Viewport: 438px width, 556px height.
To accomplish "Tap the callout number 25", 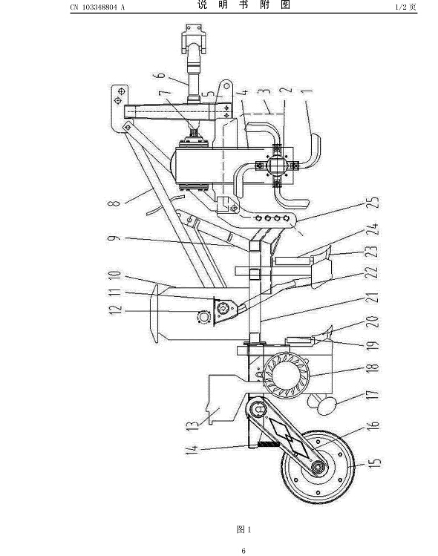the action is (x=373, y=202).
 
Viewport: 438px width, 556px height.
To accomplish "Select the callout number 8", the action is (x=114, y=203).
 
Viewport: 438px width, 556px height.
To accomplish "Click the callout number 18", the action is (x=373, y=367).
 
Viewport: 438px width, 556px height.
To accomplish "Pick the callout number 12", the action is (x=116, y=309).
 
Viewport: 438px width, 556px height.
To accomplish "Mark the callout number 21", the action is (x=373, y=297).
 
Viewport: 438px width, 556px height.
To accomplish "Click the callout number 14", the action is (x=192, y=450).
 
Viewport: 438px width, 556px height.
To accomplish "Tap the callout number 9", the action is (x=114, y=238).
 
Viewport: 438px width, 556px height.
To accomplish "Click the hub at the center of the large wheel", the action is (x=319, y=468).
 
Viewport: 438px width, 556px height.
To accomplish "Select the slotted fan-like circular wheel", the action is (x=287, y=376).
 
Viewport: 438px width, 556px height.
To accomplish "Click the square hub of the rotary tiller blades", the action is (x=278, y=164).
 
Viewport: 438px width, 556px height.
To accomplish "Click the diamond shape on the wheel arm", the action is (x=288, y=436).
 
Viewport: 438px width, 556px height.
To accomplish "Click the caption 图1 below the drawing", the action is (x=243, y=529).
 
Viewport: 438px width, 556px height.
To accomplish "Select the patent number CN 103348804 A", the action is (x=97, y=7).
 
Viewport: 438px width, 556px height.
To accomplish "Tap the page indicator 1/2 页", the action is (x=406, y=7).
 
